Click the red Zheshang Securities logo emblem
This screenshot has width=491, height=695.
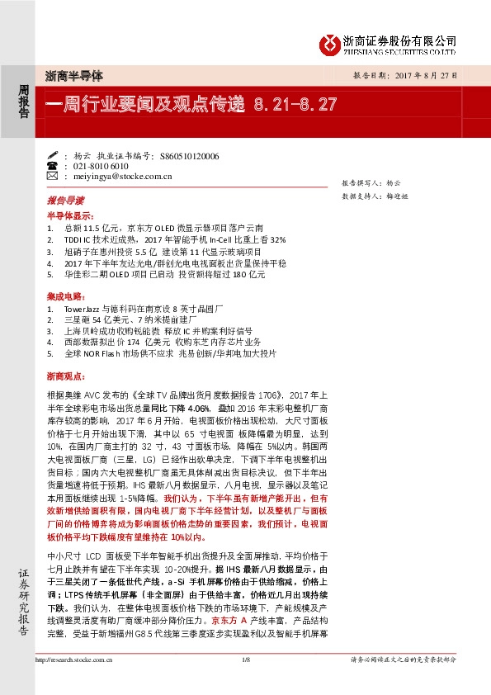click(x=330, y=42)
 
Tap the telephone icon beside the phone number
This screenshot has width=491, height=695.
click(x=53, y=166)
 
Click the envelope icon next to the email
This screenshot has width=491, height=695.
click(x=53, y=176)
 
